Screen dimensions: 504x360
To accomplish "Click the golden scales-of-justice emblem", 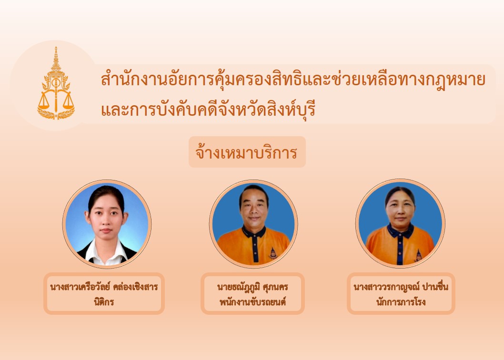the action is pos(56,84).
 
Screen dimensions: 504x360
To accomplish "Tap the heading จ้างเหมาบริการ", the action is pos(247,152).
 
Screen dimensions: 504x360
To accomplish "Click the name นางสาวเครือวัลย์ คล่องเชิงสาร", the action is pos(104,286).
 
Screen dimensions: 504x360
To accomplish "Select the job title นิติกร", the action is pos(104,302).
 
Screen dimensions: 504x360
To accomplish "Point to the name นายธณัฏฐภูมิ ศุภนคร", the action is pos(252,287).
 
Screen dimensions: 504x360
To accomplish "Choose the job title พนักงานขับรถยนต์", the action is pos(252,302).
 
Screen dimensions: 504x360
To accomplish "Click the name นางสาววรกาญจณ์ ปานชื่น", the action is pos(401,286).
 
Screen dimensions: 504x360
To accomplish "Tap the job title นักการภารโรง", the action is pos(401,302).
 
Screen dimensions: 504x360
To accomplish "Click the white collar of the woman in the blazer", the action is pos(106,253).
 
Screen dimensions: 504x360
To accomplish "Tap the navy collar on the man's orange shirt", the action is pos(254,231).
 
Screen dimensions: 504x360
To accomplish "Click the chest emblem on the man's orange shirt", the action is pos(273,253).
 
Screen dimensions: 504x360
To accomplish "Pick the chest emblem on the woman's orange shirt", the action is pos(418,256).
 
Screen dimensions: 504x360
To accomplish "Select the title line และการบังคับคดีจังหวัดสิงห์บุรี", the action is pos(208,110).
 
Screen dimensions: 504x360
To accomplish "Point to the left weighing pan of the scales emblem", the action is pos(44,103).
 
